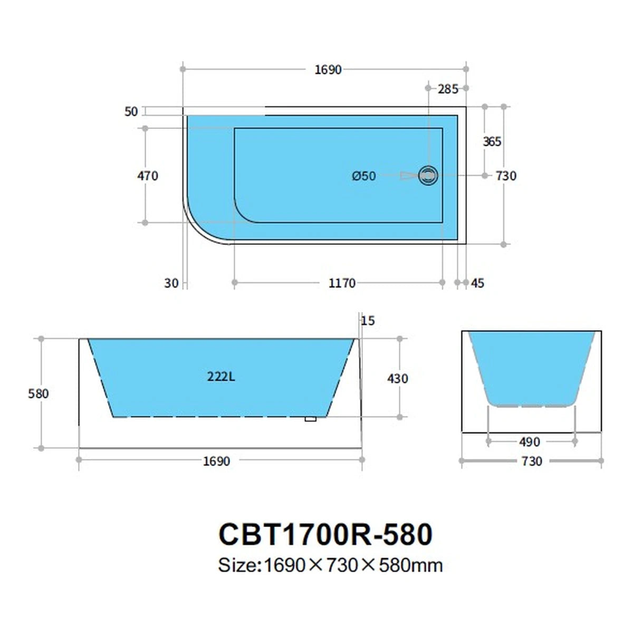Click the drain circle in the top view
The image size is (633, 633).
[428, 176]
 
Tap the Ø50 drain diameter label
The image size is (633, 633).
[363, 176]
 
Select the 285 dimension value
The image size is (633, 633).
[448, 89]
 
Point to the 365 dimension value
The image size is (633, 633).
[492, 141]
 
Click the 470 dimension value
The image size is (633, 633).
[148, 176]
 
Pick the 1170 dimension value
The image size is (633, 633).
[342, 283]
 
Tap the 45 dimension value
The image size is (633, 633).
[477, 283]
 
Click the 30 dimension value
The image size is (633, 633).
[171, 283]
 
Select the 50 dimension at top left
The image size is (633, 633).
[131, 112]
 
